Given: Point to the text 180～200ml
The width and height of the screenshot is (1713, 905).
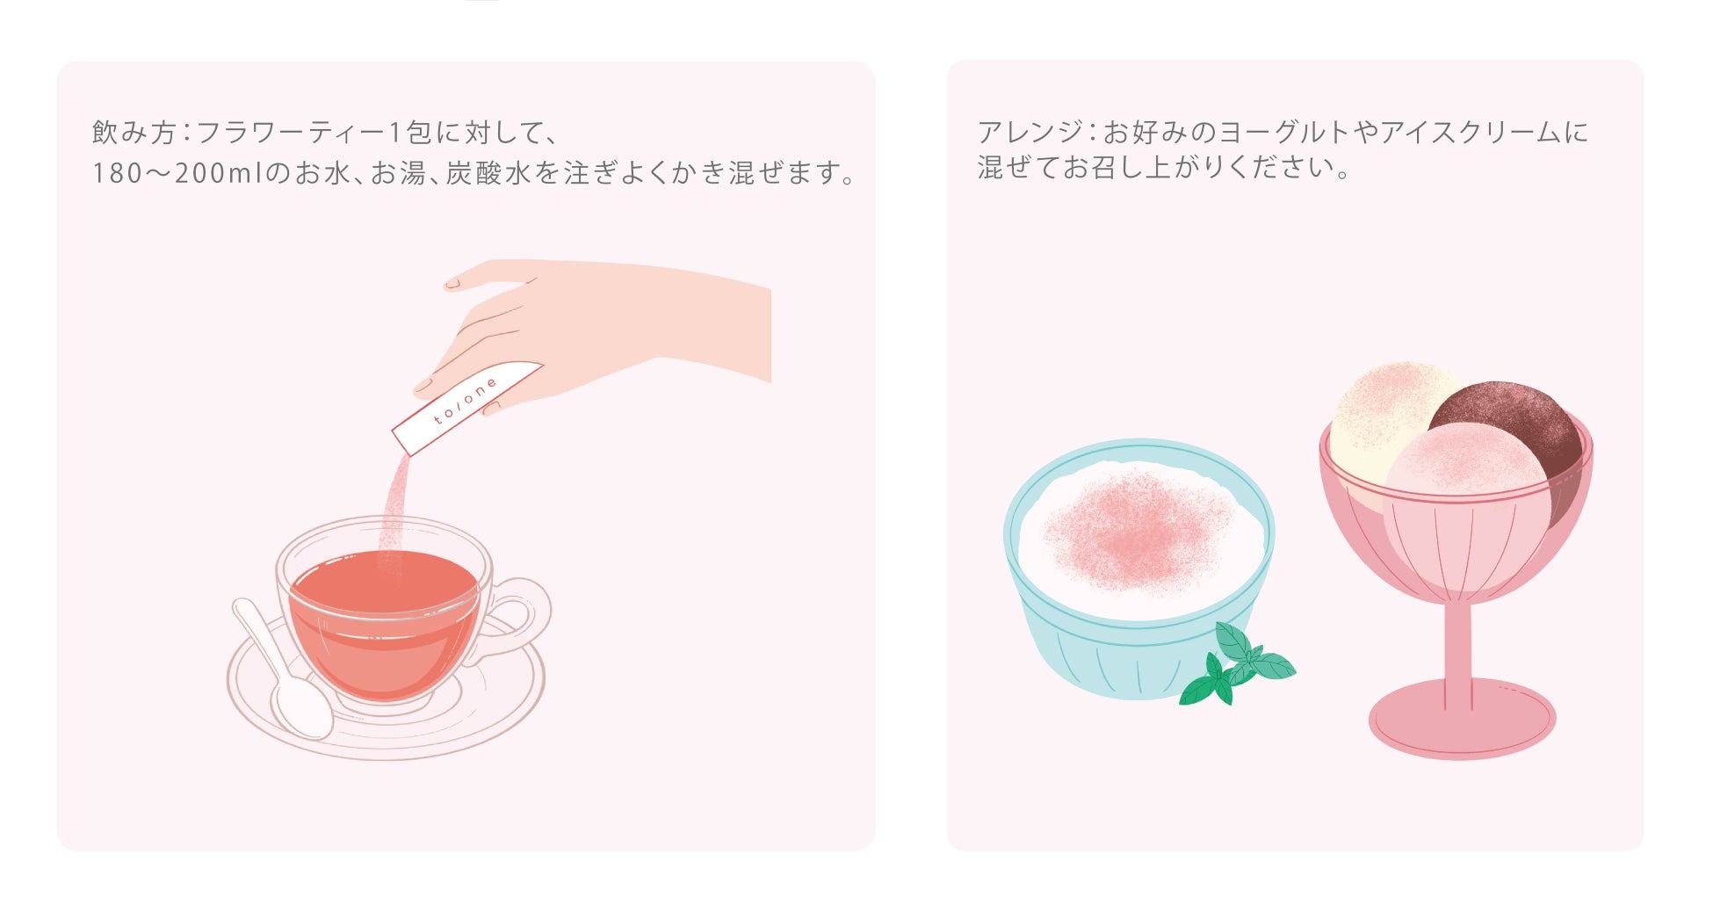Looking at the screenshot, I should pyautogui.click(x=177, y=173).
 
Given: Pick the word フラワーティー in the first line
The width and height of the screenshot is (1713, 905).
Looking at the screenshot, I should pyautogui.click(x=291, y=133).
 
